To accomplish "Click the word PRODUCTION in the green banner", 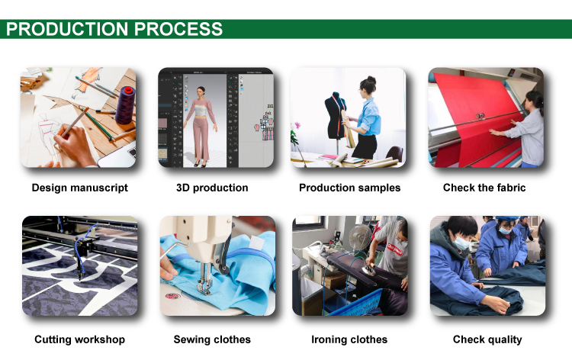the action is (x=67, y=29).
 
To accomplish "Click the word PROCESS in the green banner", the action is (x=178, y=29).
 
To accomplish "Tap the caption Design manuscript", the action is (x=80, y=188).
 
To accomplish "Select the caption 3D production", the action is (x=212, y=188).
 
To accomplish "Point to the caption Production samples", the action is (x=350, y=188).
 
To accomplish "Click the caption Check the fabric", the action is (x=484, y=188).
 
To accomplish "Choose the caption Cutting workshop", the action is (x=80, y=339).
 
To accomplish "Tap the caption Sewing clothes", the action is (x=212, y=339).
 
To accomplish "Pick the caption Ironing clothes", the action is (x=349, y=339).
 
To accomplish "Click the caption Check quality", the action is (x=487, y=339).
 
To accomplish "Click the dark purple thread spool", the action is (x=126, y=106).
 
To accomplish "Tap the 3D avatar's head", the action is (x=201, y=92).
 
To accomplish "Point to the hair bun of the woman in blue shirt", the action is (x=371, y=79).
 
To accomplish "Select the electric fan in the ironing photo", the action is (x=358, y=238).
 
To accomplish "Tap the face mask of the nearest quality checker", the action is (x=462, y=243).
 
